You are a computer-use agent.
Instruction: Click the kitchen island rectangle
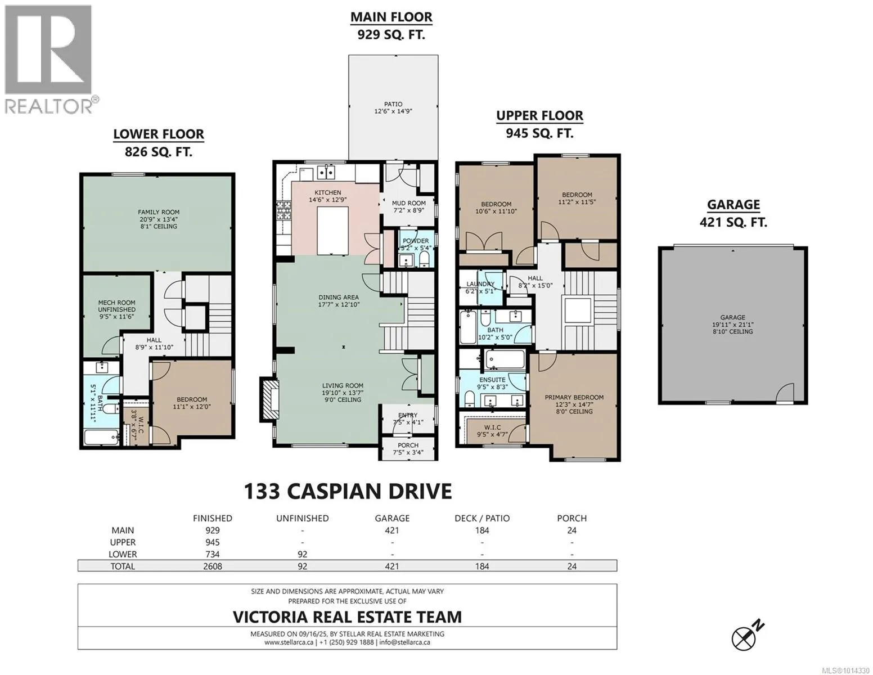coord(332,231)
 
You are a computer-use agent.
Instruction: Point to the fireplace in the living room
coord(270,399)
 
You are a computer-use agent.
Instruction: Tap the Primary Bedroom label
coord(574,397)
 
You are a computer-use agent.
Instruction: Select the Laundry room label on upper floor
coord(480,284)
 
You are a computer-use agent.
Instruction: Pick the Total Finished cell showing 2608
coord(212,566)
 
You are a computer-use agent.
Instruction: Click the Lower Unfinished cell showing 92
coord(302,553)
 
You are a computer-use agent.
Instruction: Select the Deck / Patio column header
coord(481,518)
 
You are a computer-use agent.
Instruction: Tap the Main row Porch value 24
coord(571,530)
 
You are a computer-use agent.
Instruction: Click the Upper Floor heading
coord(539,115)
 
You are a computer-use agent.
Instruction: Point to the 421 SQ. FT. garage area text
coord(733,222)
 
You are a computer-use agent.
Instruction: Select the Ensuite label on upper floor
coord(492,380)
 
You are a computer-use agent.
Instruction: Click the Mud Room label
coord(408,203)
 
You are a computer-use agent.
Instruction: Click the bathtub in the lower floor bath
coord(101,437)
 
